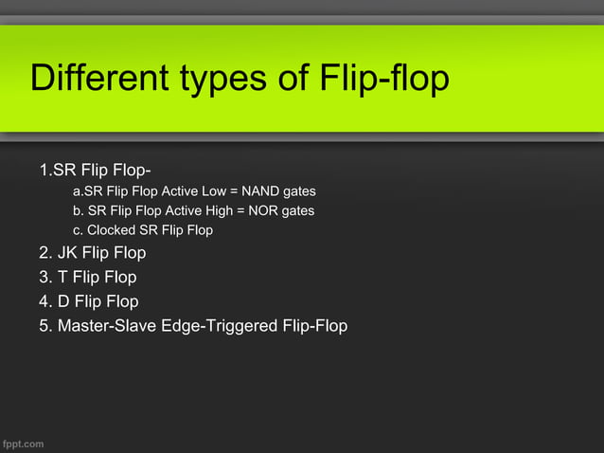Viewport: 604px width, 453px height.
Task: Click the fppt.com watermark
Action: click(23, 443)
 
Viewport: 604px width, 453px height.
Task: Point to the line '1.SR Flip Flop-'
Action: click(95, 172)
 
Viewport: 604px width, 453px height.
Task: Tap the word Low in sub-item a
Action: click(214, 191)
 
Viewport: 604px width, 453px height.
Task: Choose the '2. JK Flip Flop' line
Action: click(92, 254)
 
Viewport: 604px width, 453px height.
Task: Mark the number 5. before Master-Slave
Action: click(45, 326)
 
